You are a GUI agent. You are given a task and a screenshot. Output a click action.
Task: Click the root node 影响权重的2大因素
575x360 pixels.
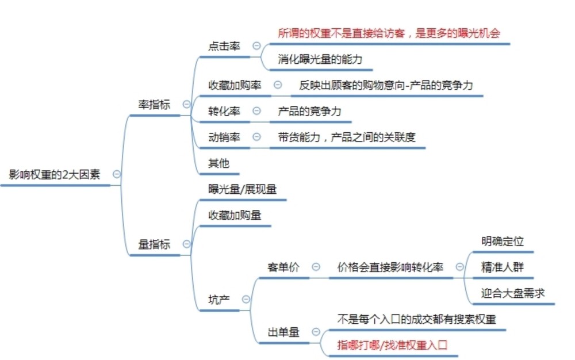click(x=54, y=174)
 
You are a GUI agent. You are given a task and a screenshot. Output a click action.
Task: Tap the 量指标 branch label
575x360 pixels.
click(x=154, y=244)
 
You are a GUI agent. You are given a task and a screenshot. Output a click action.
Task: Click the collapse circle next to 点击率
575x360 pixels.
click(x=256, y=46)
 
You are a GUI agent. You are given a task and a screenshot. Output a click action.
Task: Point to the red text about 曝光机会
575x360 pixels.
click(x=389, y=33)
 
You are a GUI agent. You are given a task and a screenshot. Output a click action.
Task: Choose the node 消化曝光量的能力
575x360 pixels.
click(x=320, y=59)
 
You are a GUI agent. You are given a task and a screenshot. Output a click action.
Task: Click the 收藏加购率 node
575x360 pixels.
click(x=235, y=85)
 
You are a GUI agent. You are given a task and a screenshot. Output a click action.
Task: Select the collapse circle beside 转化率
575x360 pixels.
click(x=256, y=110)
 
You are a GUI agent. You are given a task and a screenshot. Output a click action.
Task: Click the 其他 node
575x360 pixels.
click(x=218, y=163)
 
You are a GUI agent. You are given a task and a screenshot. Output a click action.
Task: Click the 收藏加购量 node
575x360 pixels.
click(x=235, y=215)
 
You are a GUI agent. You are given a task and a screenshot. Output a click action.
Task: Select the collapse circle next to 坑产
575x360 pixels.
click(x=246, y=299)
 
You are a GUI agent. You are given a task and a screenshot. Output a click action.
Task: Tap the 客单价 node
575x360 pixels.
click(x=283, y=267)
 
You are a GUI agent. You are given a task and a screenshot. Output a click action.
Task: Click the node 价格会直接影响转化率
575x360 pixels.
click(x=390, y=267)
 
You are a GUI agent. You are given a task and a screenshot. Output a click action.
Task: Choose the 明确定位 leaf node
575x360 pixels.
click(x=503, y=241)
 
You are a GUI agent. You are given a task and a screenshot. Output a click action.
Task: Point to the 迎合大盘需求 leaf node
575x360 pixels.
click(x=513, y=293)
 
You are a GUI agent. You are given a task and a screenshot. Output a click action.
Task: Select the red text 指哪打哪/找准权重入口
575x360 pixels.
click(x=392, y=345)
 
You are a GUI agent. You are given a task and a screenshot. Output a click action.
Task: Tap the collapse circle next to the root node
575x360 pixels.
click(x=117, y=174)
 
